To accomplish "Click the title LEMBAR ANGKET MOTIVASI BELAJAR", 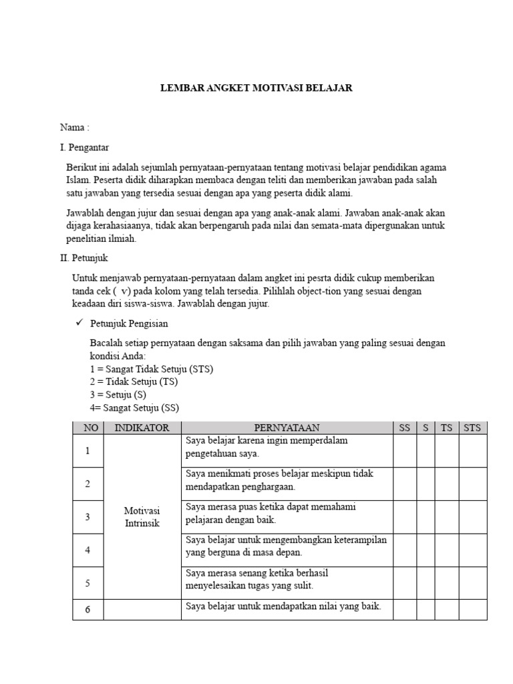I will click(256, 88).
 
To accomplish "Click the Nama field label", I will click(74, 128).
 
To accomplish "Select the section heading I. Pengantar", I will click(84, 147).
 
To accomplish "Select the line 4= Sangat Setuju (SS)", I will click(134, 407).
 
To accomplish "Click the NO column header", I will click(88, 428).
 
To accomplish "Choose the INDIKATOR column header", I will click(142, 428).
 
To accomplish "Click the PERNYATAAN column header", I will click(287, 428).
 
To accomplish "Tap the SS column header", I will click(404, 428).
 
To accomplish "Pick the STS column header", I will click(472, 428).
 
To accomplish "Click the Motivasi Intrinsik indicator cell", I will click(142, 517).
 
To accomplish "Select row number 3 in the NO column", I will click(88, 517).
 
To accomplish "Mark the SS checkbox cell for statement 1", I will click(404, 451).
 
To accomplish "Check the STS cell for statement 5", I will click(472, 583).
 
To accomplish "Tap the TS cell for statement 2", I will click(446, 484).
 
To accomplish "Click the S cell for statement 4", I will click(425, 550).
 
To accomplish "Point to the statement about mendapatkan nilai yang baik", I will click(283, 607).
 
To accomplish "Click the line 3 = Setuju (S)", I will click(118, 394).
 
